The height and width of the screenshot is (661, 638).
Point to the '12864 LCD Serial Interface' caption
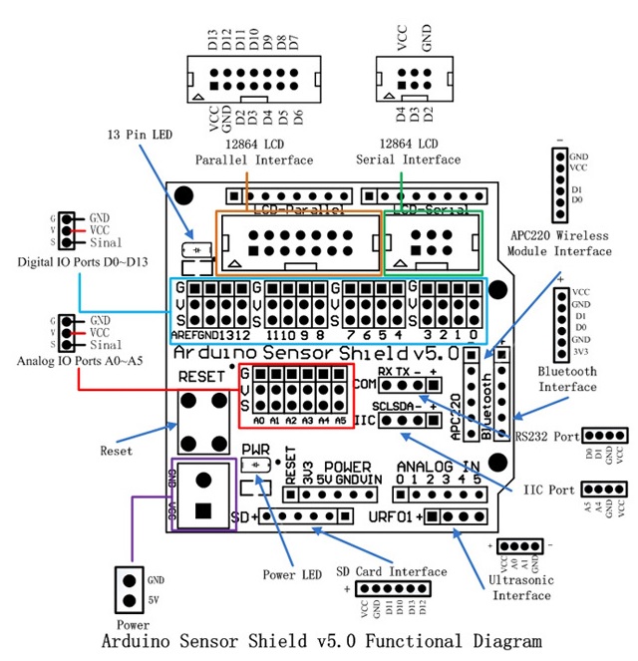pyautogui.click(x=409, y=152)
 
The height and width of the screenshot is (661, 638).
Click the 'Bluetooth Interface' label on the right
pyautogui.click(x=567, y=378)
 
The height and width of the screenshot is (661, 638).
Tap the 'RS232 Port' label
pyautogui.click(x=546, y=436)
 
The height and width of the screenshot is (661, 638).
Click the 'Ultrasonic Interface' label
pyautogui.click(x=519, y=587)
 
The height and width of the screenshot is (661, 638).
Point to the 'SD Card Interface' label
pyautogui.click(x=391, y=571)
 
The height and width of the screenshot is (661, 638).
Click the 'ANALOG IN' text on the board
pyautogui.click(x=439, y=466)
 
